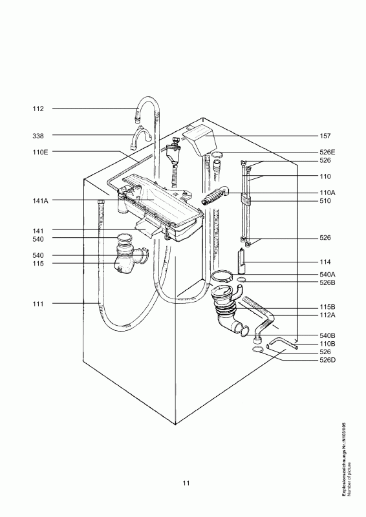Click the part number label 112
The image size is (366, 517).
coord(38,109)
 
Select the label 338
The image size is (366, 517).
coord(38,136)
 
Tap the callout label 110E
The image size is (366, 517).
coord(40,152)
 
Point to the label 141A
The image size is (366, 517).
coord(40,201)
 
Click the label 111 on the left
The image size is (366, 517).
coord(38,304)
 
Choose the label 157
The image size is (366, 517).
coord(325,136)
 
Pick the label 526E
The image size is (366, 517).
coord(327,153)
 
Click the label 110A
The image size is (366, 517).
coord(327,193)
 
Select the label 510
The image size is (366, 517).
coord(325,201)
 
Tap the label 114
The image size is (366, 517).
coord(325,262)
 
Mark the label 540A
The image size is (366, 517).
coord(327,274)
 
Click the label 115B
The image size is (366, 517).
coord(327,307)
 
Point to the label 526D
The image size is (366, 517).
coord(327,360)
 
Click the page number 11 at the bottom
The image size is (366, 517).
coord(186,483)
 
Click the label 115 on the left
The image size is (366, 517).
coord(38,264)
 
